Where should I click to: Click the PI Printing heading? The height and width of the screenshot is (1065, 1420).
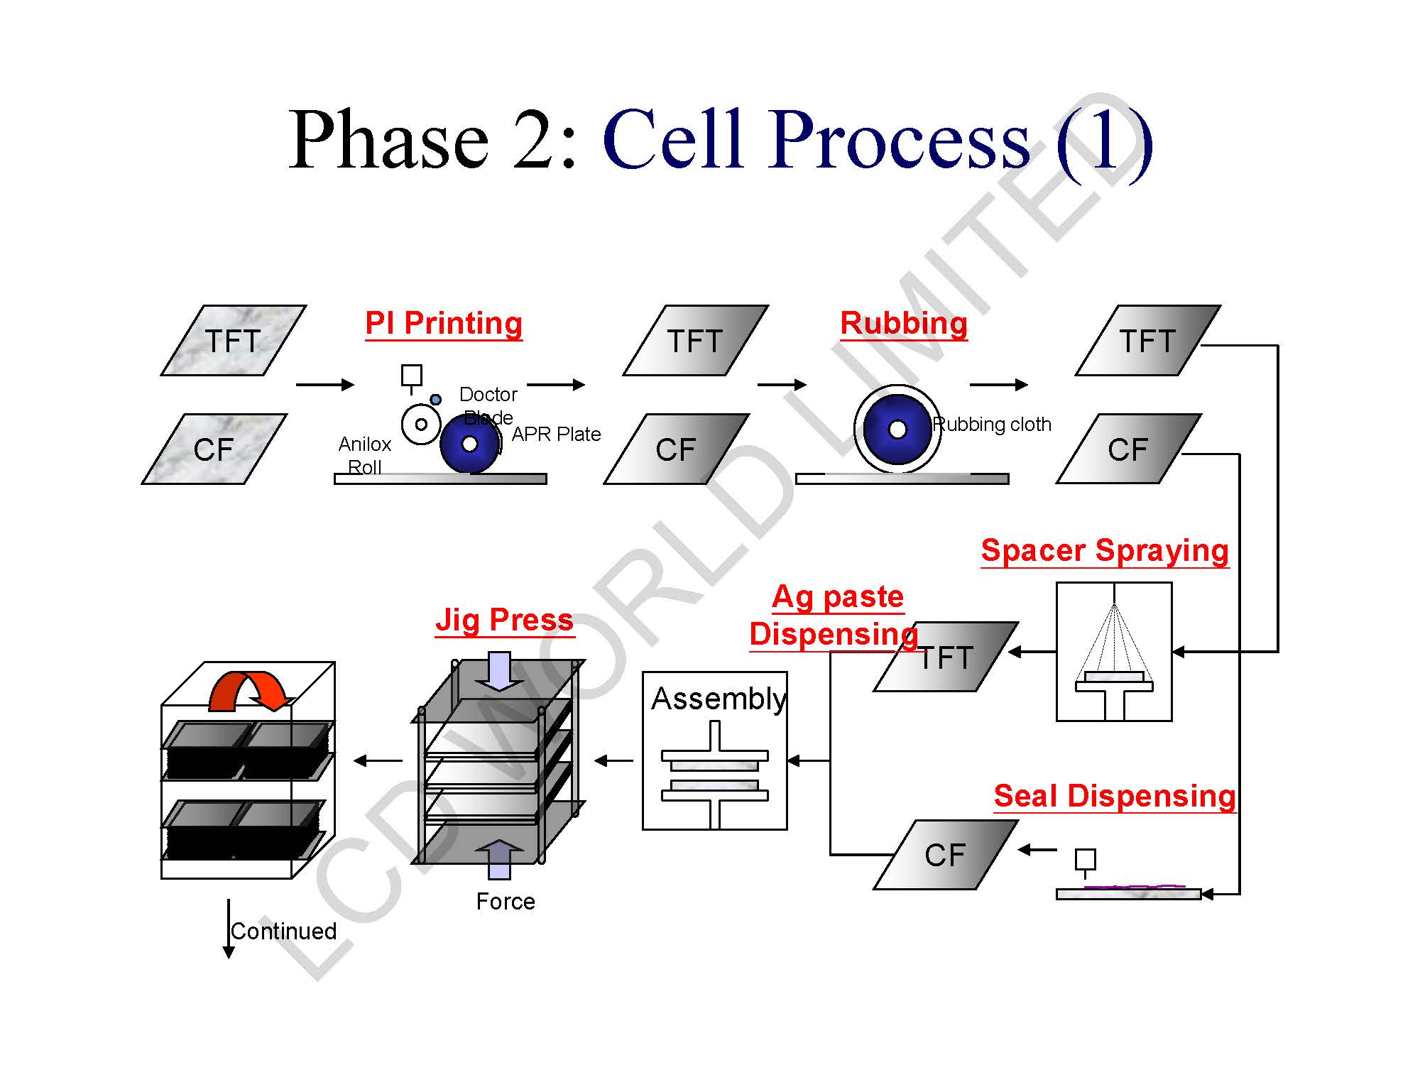pyautogui.click(x=444, y=324)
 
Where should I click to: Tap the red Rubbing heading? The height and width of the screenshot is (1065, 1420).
pyautogui.click(x=904, y=324)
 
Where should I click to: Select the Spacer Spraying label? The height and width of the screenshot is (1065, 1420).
pyautogui.click(x=1105, y=552)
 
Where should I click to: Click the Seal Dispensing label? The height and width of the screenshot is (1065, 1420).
pyautogui.click(x=1115, y=796)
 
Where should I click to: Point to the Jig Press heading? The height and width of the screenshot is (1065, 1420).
pyautogui.click(x=504, y=620)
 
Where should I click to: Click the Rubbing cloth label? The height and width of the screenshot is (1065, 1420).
pyautogui.click(x=992, y=425)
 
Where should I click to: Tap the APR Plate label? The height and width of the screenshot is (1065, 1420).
pyautogui.click(x=556, y=434)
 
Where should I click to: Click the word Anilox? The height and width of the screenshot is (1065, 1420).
pyautogui.click(x=365, y=444)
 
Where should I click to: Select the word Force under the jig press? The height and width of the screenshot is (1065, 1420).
pyautogui.click(x=506, y=902)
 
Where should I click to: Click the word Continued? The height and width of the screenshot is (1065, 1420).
pyautogui.click(x=284, y=931)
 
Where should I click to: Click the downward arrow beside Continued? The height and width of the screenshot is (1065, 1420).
pyautogui.click(x=229, y=929)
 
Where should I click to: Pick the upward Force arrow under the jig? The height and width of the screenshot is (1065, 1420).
pyautogui.click(x=500, y=859)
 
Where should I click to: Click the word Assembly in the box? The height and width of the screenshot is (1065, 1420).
pyautogui.click(x=719, y=699)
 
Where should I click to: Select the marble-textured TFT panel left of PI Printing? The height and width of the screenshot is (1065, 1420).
pyautogui.click(x=234, y=341)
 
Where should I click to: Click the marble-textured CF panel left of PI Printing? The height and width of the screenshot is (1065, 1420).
pyautogui.click(x=214, y=449)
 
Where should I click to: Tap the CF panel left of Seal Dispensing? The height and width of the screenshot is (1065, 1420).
pyautogui.click(x=946, y=855)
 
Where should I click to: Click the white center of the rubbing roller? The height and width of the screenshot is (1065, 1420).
pyautogui.click(x=897, y=430)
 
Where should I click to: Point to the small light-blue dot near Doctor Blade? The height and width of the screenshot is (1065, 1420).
pyautogui.click(x=436, y=400)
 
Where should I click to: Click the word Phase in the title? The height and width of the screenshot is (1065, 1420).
pyautogui.click(x=388, y=140)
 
